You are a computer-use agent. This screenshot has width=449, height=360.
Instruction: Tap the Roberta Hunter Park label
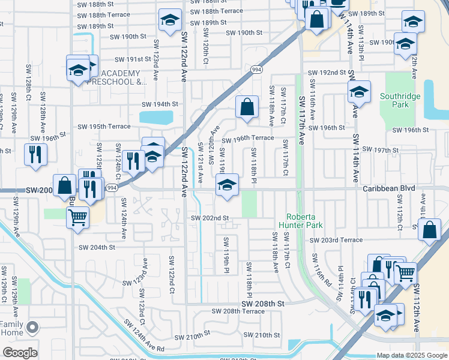tap(304, 221)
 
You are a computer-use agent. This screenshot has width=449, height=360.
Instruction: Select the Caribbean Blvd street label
tap(389, 188)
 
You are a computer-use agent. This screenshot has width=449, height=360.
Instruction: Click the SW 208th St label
tap(262, 304)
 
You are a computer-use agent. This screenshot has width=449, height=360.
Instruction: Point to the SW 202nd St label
tap(210, 218)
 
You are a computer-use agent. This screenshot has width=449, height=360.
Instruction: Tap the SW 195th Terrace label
tap(104, 127)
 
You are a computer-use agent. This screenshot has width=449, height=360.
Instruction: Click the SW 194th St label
tap(158, 104)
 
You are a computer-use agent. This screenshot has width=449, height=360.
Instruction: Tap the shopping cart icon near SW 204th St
tap(77, 217)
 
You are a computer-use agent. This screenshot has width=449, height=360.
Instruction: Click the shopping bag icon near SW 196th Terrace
tap(247, 107)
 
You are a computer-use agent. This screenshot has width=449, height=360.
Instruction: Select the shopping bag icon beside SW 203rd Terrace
tap(430, 230)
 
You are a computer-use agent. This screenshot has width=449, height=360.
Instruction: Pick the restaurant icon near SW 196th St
tap(35, 154)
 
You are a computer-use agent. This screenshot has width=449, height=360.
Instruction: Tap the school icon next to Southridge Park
tap(359, 92)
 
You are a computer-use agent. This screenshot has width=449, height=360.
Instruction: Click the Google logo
tap(20, 353)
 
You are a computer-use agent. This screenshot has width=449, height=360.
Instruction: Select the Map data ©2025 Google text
tap(411, 355)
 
